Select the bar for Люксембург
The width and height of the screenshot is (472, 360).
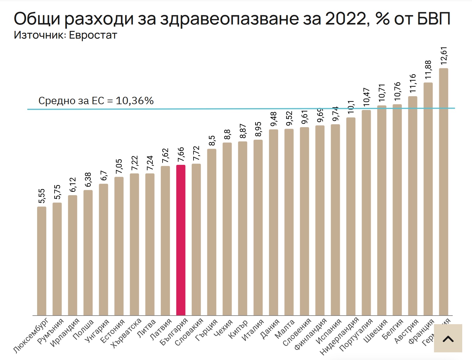tap(42, 261)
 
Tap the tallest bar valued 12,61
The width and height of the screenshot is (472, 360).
tap(443, 191)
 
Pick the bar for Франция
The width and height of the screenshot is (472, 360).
tap(428, 199)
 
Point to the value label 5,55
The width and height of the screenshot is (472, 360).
tap(42, 196)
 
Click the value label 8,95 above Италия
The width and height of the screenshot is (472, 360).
tap(258, 129)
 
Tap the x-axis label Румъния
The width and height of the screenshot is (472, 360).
tap(51, 331)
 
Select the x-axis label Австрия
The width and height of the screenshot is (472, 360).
tap(406, 331)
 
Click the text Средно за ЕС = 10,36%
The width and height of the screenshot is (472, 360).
tap(96, 101)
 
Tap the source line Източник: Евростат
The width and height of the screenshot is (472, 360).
tap(65, 35)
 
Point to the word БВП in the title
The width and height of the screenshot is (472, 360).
tap(434, 19)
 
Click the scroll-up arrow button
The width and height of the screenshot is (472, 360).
tap(448, 339)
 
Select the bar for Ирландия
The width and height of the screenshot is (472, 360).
tap(73, 255)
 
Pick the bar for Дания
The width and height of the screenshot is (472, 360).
tap(274, 222)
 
